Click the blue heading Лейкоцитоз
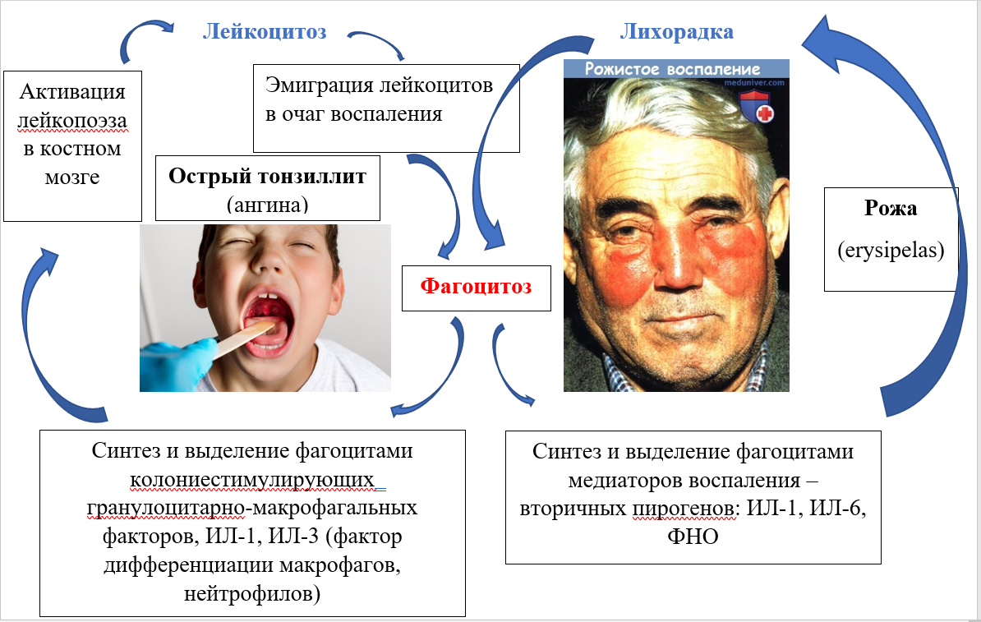point(265,32)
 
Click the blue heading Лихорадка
point(676,32)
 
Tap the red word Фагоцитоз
point(476,287)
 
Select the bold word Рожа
point(891,209)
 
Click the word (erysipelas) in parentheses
point(891,250)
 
